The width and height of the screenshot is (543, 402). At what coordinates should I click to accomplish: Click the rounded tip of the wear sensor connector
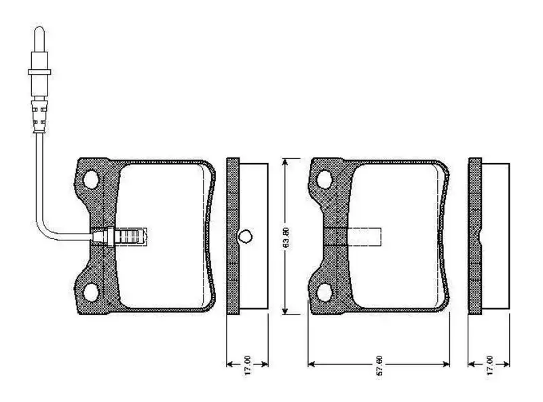point(39,30)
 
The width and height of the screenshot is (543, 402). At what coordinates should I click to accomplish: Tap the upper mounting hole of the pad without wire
point(325,179)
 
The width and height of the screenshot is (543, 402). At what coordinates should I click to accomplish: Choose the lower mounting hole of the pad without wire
point(325,293)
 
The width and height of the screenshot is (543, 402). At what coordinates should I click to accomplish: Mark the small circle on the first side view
point(246,236)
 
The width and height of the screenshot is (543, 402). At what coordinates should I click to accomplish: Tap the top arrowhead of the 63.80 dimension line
point(286,162)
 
